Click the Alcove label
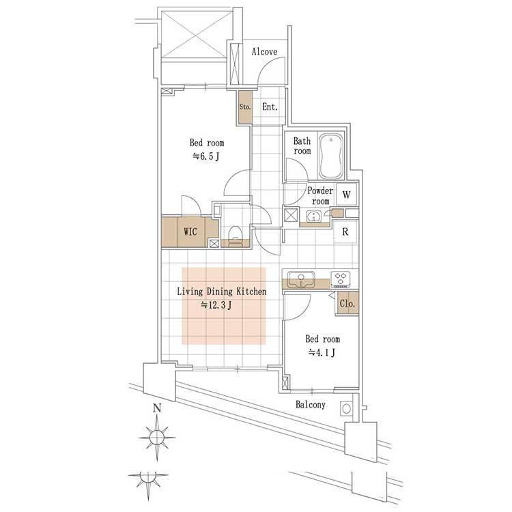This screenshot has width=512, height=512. [x=264, y=52]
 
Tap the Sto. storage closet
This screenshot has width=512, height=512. [x=245, y=106]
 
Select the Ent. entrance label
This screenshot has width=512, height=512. [x=270, y=106]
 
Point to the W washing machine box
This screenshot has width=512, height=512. [x=346, y=195]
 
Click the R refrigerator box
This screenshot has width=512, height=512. [x=345, y=232]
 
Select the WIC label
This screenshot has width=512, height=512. [x=190, y=232]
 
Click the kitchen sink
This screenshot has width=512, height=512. [x=301, y=279]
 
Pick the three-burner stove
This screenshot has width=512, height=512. [x=341, y=279]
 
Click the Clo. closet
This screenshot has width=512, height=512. [x=347, y=303]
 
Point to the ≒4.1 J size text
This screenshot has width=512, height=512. [x=322, y=353]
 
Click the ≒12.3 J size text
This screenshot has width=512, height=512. [x=217, y=305]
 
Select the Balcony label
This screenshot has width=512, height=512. [x=311, y=405]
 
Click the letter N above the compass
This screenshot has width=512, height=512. [x=158, y=408]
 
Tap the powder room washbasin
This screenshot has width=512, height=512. [x=314, y=216]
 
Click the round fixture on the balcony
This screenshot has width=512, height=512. [x=346, y=408]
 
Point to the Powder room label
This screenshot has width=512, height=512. [x=320, y=196]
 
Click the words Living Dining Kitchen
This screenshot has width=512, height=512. [x=222, y=291]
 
